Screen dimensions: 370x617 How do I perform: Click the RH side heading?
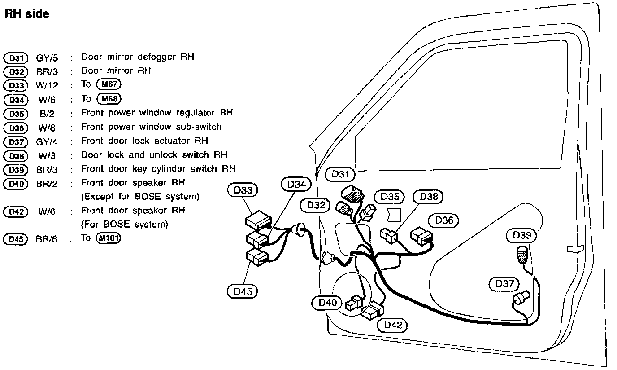[26, 14]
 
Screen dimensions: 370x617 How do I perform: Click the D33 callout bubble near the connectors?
[243, 190]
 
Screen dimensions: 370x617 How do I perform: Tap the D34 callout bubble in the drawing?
[296, 184]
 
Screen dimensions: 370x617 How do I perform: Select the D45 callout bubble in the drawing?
[243, 291]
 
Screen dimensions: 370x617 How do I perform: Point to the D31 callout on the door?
[340, 174]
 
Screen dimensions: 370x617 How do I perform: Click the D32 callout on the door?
[316, 205]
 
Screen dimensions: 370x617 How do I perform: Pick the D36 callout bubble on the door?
[444, 220]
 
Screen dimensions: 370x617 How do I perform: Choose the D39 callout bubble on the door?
[521, 235]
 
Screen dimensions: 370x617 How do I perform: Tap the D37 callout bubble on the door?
[504, 284]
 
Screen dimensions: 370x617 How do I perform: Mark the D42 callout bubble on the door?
[393, 325]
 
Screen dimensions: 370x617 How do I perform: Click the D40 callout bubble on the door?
[327, 303]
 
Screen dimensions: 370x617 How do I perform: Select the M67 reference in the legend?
[109, 84]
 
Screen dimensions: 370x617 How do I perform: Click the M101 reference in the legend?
[109, 238]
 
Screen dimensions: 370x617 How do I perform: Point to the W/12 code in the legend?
[47, 85]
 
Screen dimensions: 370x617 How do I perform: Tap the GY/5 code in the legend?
[47, 57]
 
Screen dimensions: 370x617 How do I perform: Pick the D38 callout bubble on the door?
[428, 196]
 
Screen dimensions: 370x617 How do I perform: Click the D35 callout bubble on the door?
[390, 196]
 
